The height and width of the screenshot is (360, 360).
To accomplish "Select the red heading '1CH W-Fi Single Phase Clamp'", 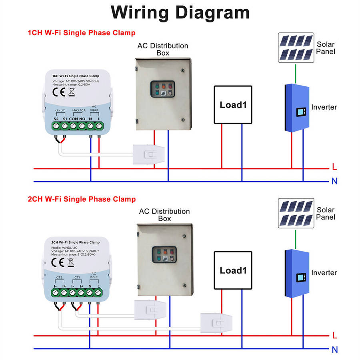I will [81, 33].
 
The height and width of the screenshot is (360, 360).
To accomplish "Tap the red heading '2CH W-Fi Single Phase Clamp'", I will [81, 199].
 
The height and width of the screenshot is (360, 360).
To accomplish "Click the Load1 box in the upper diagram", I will [233, 105].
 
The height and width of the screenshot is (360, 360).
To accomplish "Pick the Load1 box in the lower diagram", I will [233, 270].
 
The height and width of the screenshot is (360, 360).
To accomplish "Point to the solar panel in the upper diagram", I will [296, 48].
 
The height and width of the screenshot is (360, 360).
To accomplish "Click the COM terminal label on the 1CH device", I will [73, 119].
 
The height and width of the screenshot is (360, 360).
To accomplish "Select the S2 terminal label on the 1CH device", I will [56, 119].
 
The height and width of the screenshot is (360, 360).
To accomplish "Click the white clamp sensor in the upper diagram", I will [148, 154].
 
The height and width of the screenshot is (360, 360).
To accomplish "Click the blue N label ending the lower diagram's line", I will [334, 350].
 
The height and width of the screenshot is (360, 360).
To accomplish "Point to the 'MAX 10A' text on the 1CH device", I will [79, 110].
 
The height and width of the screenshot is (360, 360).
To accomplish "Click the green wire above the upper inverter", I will [296, 73].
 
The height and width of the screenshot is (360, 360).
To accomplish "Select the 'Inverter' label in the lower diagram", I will [324, 273].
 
